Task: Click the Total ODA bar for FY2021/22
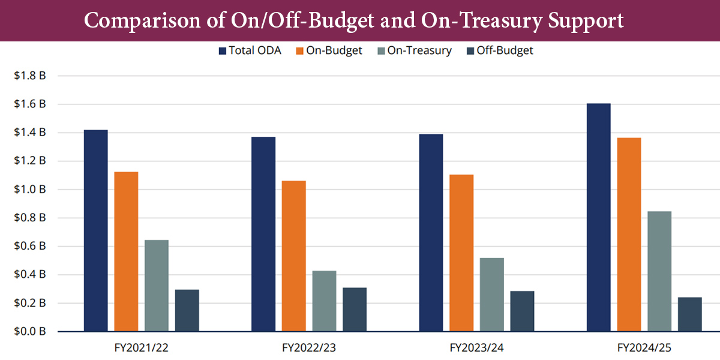click(x=96, y=230)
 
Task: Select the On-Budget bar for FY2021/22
click(x=127, y=251)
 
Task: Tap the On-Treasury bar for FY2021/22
click(x=157, y=286)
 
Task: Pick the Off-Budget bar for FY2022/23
click(x=355, y=310)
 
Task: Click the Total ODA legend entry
click(x=249, y=51)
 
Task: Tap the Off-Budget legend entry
click(x=499, y=51)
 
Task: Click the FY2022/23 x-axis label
click(x=309, y=347)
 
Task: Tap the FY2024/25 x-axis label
click(x=644, y=347)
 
